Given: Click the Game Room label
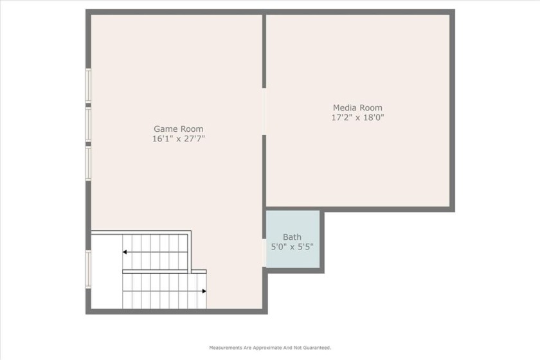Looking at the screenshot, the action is point(179,129).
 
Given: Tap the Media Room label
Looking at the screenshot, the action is point(357,107).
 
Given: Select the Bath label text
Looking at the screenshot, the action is point(292,237).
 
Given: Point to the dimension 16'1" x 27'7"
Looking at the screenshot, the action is point(179,138).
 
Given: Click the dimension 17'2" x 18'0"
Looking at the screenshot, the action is point(357,118).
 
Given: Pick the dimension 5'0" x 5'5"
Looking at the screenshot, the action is point(292,247).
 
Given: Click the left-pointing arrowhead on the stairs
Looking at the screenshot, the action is point(125,252).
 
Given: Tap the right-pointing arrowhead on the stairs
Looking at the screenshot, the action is point(204,291).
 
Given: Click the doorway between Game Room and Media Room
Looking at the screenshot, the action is point(264,111).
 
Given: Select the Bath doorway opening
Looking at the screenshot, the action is point(264,253).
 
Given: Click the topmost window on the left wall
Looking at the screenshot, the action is point(88,85).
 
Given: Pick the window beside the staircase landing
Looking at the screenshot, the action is point(88,269).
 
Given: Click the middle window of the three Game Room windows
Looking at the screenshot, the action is point(88,124).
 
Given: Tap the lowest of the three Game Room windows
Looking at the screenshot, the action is point(88,163).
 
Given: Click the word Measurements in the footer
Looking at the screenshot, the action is point(226,348).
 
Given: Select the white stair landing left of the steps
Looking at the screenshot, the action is point(107,271).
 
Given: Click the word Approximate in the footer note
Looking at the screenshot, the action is point(267,348).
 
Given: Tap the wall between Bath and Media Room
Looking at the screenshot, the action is point(292,209).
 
